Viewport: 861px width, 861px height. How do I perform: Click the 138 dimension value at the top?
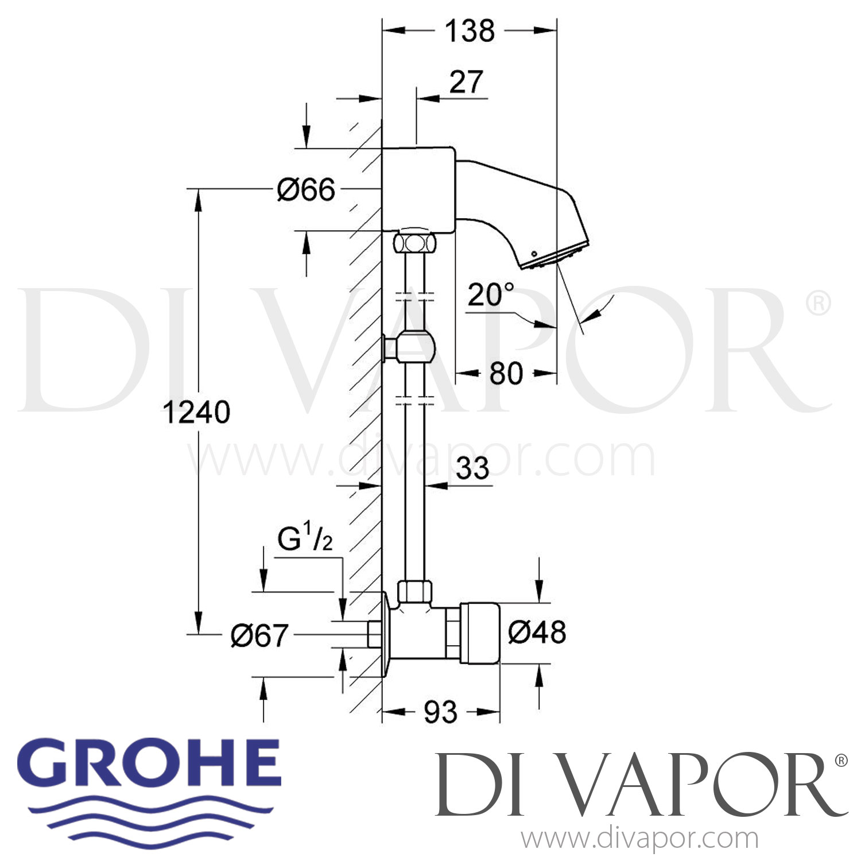pos(470,31)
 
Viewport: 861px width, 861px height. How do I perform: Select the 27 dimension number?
pos(466,82)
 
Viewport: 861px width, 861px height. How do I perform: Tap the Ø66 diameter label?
pos(306,189)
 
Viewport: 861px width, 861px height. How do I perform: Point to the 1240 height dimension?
pos(196,412)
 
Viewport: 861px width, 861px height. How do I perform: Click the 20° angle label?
pos(491,294)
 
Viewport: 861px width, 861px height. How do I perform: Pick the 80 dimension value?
pos(506,374)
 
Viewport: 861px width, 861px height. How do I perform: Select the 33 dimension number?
pos(472,468)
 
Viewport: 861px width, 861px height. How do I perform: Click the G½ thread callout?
pos(305,540)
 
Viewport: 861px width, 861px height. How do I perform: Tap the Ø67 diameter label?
pos(259,635)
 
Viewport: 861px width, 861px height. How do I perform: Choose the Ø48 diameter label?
pos(537,632)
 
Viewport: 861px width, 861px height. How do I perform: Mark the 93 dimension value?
pos(440,712)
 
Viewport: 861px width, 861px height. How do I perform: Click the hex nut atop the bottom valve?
pos(414,591)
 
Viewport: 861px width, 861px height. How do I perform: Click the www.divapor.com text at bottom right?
pos(639,839)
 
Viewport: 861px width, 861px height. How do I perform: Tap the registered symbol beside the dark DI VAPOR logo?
pos(840,761)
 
